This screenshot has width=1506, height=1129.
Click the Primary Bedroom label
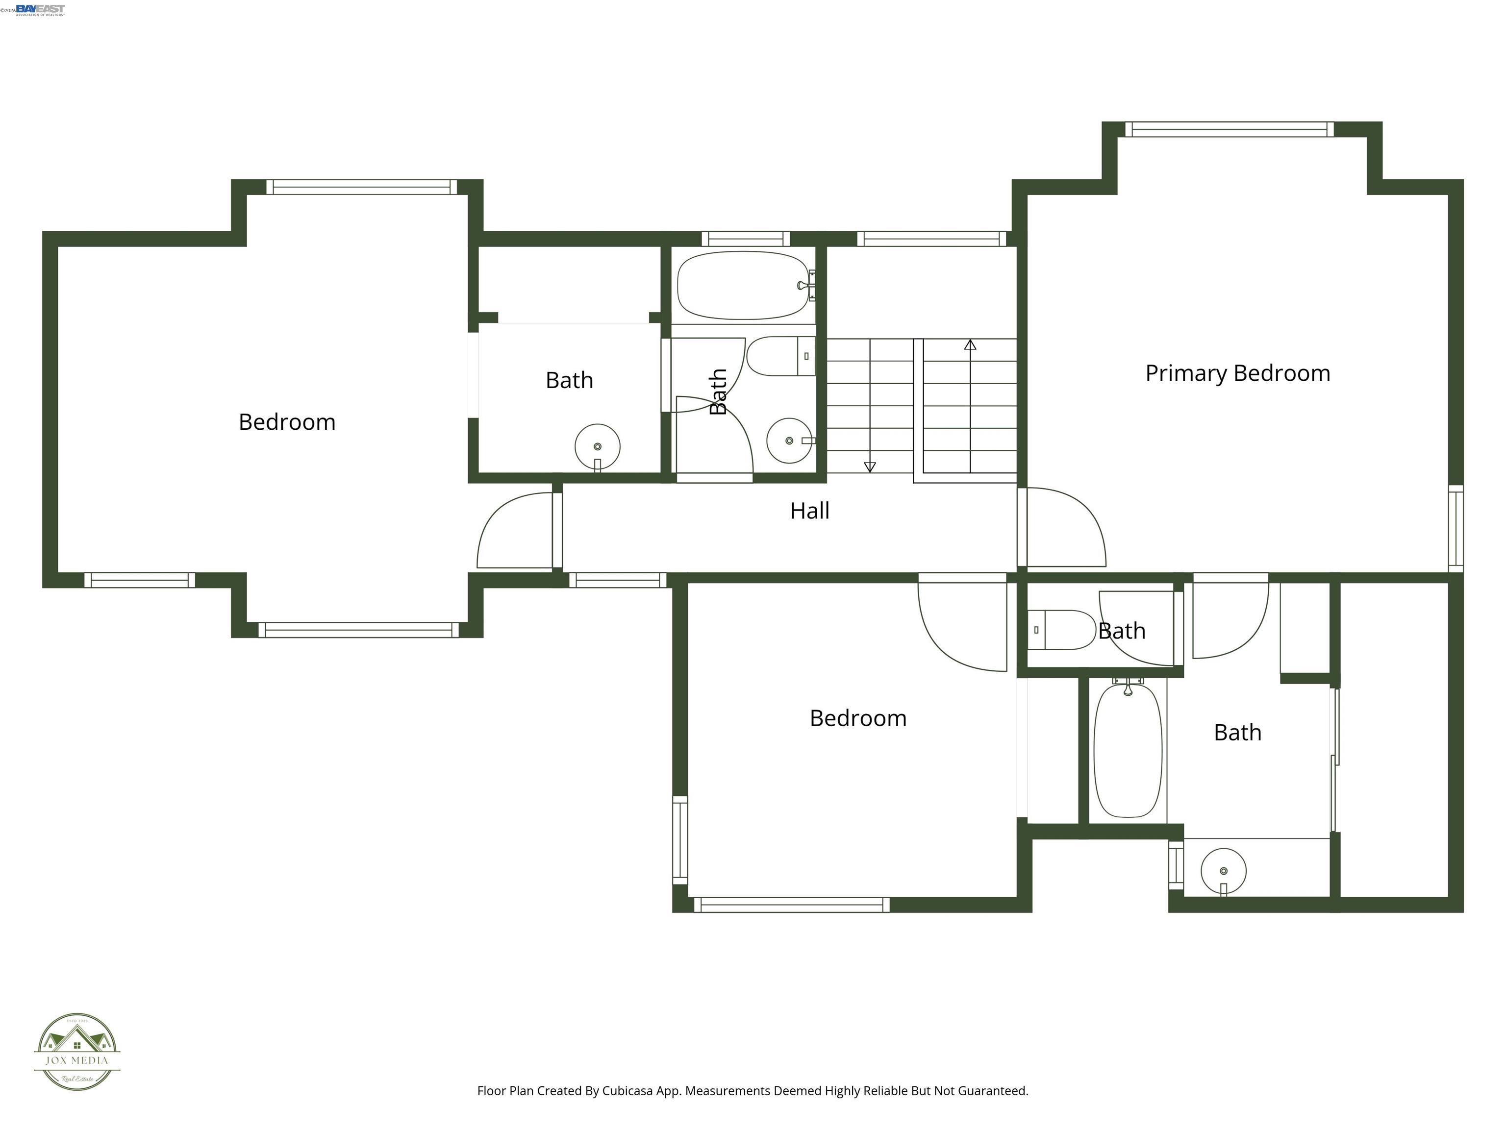point(1237,373)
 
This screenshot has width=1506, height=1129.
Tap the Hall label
point(809,511)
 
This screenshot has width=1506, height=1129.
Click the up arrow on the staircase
point(970,345)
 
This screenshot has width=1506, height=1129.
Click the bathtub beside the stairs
point(742,285)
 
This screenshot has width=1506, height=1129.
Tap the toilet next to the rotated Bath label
point(779,356)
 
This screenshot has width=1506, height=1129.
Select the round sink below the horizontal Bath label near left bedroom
point(597,447)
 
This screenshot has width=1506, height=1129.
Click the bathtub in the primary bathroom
point(1128,751)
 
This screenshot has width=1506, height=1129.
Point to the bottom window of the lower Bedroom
point(791,905)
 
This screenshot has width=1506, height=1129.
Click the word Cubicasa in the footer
point(627,1091)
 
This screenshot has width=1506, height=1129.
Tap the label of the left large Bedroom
point(287,422)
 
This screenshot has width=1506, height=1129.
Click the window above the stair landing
point(930,239)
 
